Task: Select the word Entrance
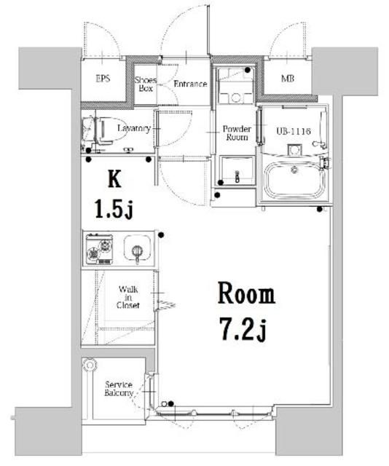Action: tap(190, 84)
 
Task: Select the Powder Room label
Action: tap(236, 133)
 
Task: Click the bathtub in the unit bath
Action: tap(295, 180)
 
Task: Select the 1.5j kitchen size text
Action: tap(113, 210)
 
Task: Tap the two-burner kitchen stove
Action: tap(98, 248)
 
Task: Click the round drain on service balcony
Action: tap(89, 365)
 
